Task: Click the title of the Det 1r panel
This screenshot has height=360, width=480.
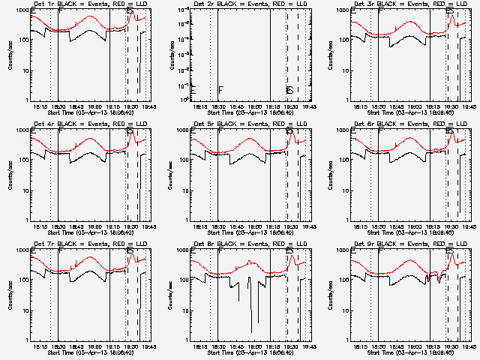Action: click(82, 4)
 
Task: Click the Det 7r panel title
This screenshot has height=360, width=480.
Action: click(82, 244)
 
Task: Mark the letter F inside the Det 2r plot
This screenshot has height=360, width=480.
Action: click(221, 91)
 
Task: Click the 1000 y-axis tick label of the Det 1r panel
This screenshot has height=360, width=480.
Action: click(22, 10)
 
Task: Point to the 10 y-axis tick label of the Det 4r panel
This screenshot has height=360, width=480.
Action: click(25, 190)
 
